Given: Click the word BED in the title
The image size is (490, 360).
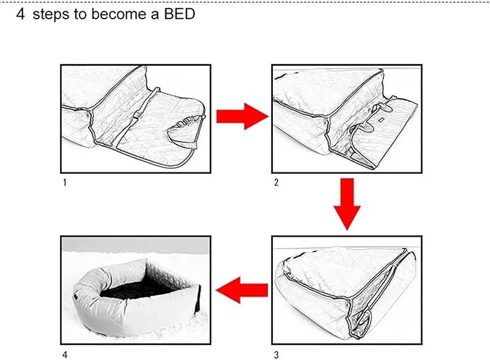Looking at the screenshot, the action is (x=180, y=14).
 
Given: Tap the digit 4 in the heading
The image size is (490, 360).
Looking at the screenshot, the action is (x=20, y=14).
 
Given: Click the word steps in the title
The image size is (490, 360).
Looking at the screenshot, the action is (x=51, y=14).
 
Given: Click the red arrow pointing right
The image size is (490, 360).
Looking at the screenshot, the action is (x=242, y=116).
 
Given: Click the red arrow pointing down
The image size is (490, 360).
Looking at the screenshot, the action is (x=347, y=204).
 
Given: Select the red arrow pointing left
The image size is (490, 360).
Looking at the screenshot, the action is (x=242, y=290).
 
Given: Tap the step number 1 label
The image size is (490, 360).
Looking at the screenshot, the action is (x=65, y=183).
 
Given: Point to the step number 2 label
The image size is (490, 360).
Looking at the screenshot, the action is (x=276, y=183).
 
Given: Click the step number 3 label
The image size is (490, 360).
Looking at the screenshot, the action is (x=276, y=355).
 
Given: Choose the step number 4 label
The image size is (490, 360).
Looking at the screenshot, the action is (x=65, y=355).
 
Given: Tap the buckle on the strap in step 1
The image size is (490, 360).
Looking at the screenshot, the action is (x=136, y=115).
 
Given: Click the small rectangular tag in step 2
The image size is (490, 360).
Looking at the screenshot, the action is (x=380, y=120).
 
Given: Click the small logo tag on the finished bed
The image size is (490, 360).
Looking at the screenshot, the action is (x=75, y=297).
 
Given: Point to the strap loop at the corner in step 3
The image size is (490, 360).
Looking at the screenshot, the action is (x=363, y=322).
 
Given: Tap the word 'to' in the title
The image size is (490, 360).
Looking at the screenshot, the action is (x=80, y=14).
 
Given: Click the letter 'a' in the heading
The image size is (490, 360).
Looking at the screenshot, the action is (x=155, y=15).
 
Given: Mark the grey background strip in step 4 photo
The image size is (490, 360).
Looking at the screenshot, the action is (x=136, y=245).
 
